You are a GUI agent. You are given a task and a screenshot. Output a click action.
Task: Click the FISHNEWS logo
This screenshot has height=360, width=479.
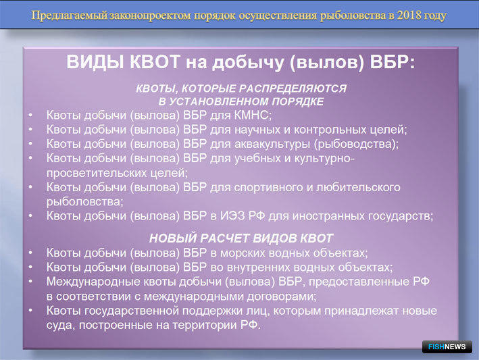(x=447, y=346)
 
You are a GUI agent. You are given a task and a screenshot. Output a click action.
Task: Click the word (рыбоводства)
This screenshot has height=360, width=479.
(x=357, y=144)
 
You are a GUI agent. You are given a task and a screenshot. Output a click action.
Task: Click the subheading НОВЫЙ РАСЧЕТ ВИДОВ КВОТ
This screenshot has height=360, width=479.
(x=241, y=238)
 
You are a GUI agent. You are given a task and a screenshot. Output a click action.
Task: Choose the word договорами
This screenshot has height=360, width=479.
(x=282, y=297)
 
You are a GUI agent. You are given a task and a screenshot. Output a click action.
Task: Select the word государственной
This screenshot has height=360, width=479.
(x=131, y=311)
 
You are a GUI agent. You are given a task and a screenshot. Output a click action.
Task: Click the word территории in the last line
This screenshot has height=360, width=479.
(x=206, y=325)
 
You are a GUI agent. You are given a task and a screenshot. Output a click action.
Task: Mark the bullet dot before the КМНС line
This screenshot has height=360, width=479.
(x=30, y=115)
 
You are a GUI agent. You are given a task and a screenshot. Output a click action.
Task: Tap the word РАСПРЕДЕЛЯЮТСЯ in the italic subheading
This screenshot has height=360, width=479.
(x=293, y=88)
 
